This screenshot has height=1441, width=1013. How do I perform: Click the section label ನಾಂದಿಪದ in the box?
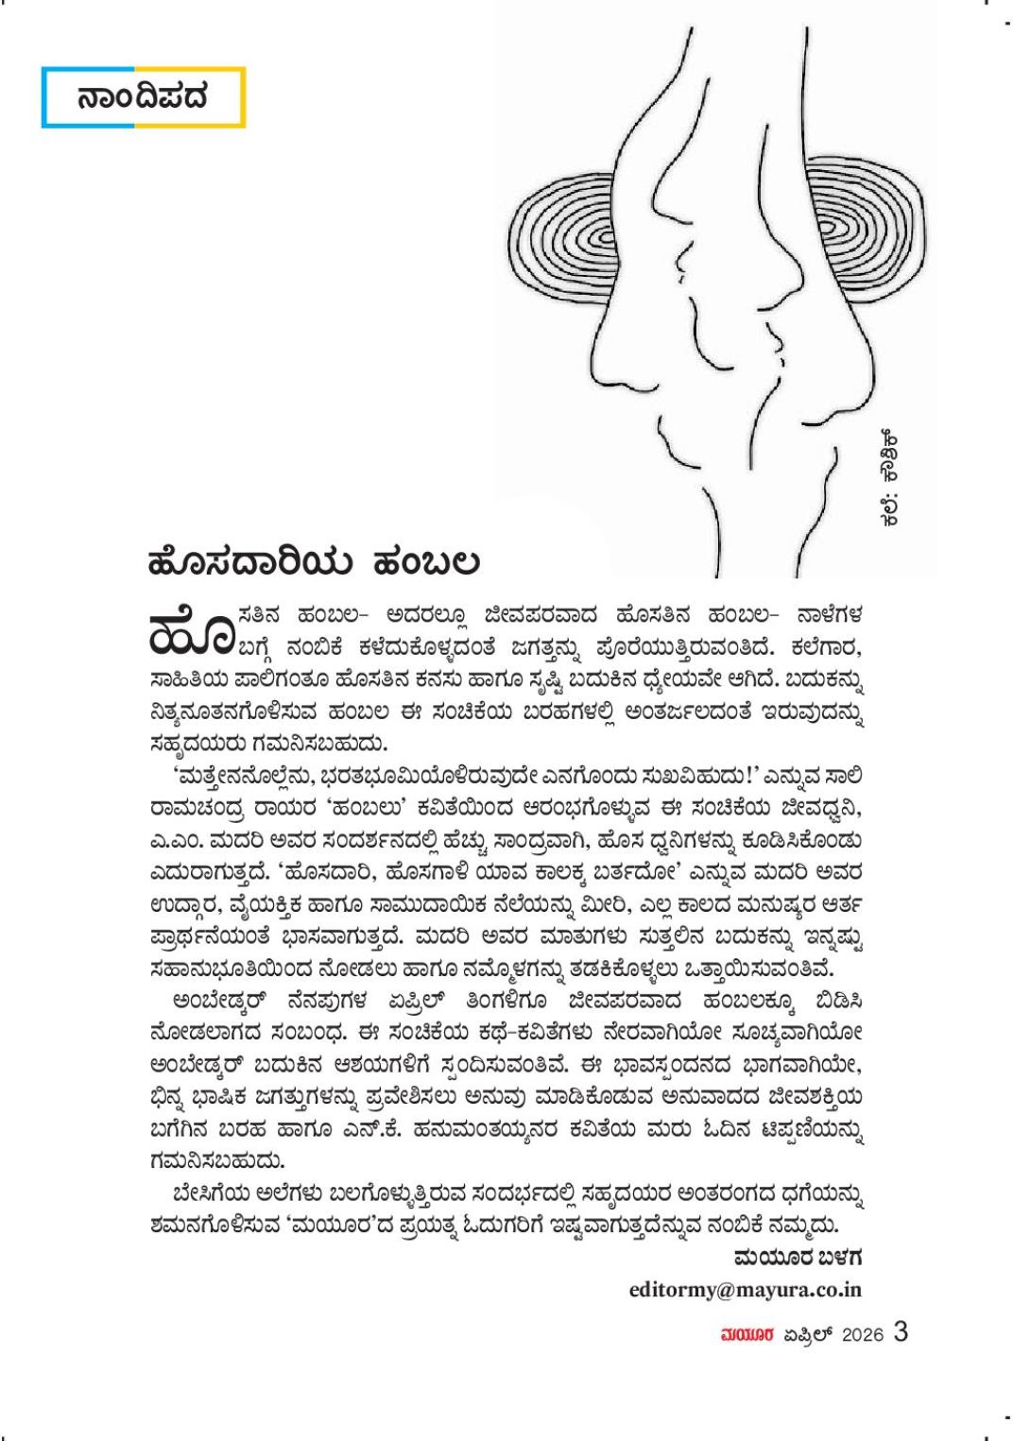point(143,97)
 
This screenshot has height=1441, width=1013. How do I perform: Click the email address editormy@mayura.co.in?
point(746,1289)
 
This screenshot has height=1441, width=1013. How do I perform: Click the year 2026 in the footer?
point(861,1335)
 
